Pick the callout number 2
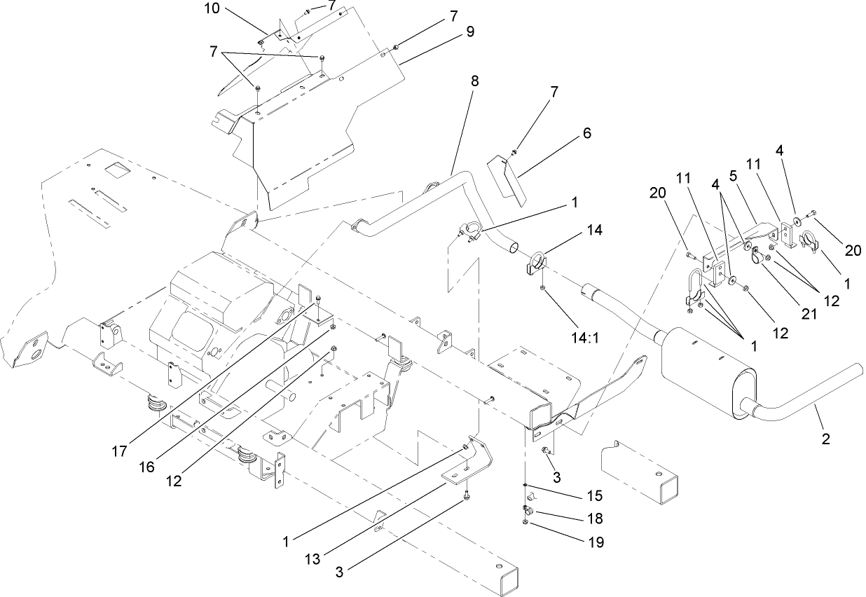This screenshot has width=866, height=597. tap(825, 440)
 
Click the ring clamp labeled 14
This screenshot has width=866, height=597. tap(537, 263)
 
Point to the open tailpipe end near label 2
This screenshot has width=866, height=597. tap(858, 369)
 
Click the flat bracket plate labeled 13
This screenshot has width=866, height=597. tap(468, 465)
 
